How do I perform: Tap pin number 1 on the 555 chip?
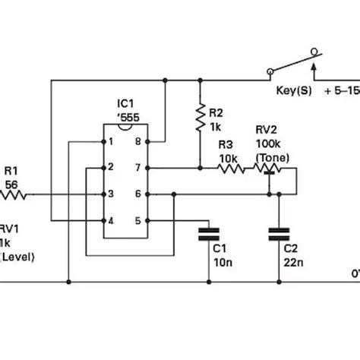point(111,141)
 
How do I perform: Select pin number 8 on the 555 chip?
point(138,141)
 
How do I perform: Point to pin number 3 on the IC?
point(111,194)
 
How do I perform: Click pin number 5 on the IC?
point(138,220)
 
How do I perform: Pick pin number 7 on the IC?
point(138,168)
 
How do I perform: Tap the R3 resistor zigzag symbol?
point(230,168)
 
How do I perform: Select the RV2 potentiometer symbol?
point(268,169)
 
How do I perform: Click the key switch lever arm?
point(292,64)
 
